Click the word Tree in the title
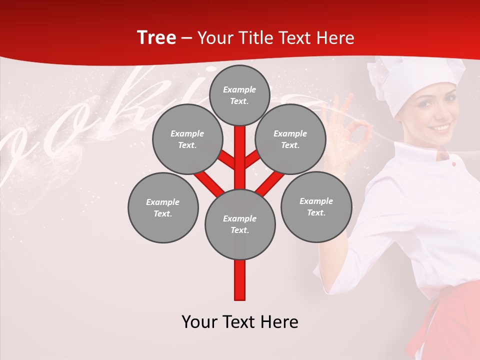pyautogui.click(x=156, y=38)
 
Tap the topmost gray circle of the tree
pyautogui.click(x=240, y=95)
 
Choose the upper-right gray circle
pyautogui.click(x=290, y=139)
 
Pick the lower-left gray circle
pyautogui.click(x=163, y=207)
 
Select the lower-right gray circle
pyautogui.click(x=316, y=206)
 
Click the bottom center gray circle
pyautogui.click(x=240, y=224)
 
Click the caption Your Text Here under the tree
pyautogui.click(x=240, y=321)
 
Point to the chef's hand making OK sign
pyautogui.click(x=350, y=130)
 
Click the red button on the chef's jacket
pyautogui.click(x=454, y=164)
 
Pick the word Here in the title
pyautogui.click(x=335, y=38)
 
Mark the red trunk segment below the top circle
pyautogui.click(x=240, y=150)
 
